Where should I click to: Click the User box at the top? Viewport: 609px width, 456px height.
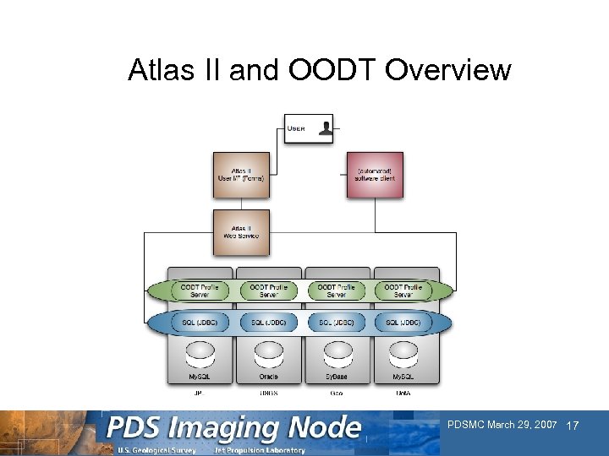(308, 129)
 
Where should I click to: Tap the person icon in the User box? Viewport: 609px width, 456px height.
(326, 128)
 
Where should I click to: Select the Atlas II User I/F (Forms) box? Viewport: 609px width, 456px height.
(241, 175)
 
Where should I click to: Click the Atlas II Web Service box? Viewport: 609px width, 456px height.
(241, 231)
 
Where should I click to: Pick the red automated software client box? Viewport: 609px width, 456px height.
(375, 175)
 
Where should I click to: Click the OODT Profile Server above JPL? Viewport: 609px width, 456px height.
(200, 290)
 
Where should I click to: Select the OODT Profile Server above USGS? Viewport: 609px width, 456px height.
(268, 290)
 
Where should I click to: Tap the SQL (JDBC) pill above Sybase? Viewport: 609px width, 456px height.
(337, 323)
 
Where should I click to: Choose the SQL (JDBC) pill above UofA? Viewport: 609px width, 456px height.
(404, 323)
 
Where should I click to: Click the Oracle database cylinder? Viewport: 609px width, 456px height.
(268, 352)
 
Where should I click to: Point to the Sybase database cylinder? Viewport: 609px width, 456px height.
(337, 352)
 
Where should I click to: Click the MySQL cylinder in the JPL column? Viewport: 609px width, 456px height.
(200, 352)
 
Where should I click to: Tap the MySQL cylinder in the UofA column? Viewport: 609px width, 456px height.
(404, 352)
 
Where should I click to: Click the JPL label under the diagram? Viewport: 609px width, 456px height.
(200, 392)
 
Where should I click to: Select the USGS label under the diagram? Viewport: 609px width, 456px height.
(268, 392)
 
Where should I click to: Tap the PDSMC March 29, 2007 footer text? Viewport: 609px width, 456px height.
(502, 424)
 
